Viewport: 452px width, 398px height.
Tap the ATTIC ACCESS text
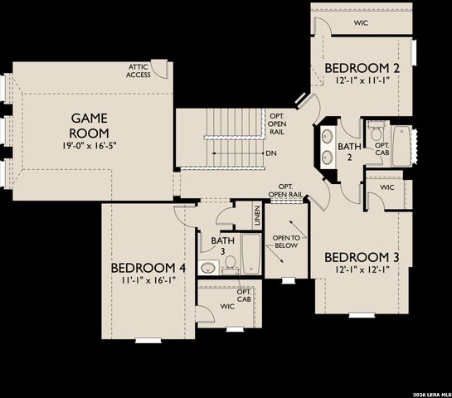(139, 70)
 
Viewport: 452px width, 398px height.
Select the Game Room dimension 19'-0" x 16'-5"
(88, 146)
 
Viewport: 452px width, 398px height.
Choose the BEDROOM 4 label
(147, 268)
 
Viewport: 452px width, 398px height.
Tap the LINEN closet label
(258, 216)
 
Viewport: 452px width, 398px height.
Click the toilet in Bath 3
(230, 264)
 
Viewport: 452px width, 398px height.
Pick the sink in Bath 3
(209, 267)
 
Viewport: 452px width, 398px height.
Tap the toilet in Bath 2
(376, 134)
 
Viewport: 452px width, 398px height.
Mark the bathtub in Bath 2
(402, 146)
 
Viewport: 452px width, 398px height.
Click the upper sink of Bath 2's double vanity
(325, 136)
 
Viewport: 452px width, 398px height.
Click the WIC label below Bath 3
(227, 306)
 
